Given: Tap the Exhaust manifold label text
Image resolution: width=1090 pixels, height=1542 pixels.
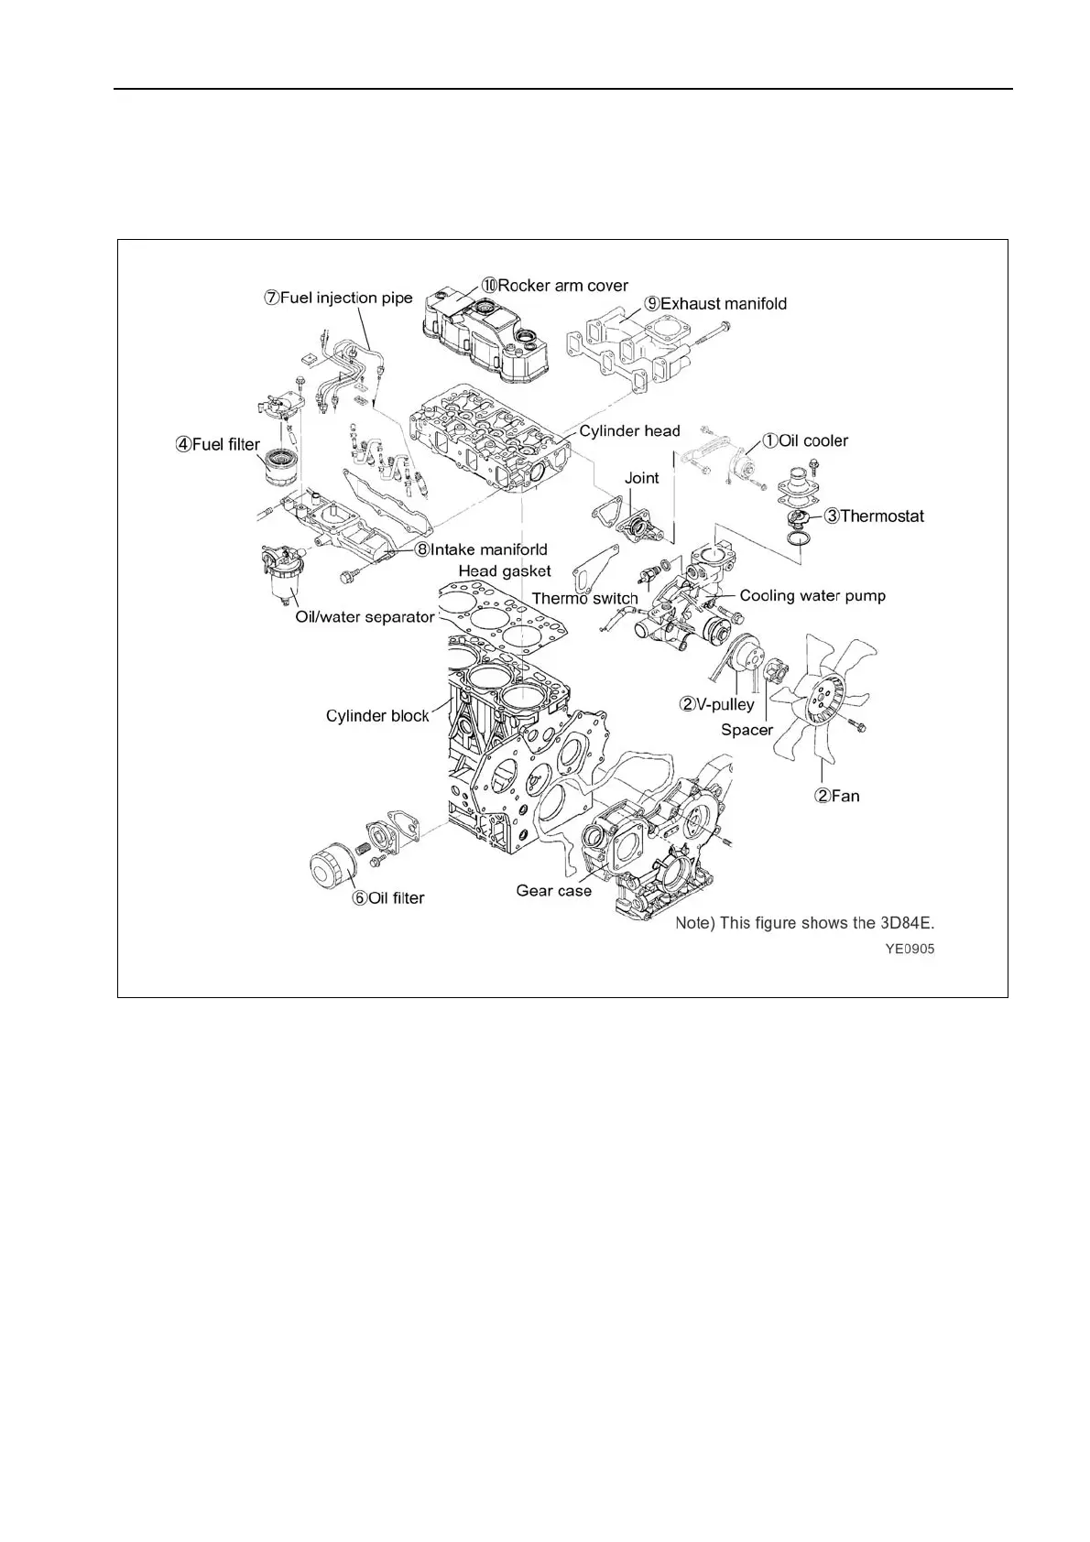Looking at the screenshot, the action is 716,304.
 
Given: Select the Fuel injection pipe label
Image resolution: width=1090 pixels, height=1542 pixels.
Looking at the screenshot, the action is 339,298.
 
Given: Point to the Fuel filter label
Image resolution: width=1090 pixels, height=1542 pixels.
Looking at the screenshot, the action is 218,445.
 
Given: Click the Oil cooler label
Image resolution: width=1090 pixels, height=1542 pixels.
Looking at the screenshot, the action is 806,440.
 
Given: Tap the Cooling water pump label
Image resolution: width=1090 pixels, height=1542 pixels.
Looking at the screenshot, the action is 812,595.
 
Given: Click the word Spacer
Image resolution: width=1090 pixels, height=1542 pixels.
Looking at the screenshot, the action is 747,730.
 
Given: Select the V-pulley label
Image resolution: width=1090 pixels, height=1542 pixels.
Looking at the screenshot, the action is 716,704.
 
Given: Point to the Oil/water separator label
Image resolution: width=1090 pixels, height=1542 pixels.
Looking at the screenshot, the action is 365,617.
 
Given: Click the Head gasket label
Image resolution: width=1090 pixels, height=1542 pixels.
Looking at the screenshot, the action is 505,570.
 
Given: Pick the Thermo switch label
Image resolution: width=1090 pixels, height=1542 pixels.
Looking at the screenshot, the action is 584,599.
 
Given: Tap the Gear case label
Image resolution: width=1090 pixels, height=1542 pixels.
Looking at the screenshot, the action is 553,890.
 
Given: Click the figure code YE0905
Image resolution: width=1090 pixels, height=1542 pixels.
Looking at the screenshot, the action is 909,950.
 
